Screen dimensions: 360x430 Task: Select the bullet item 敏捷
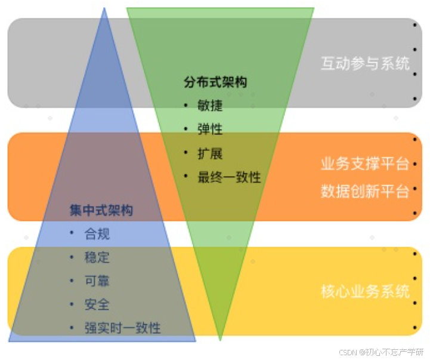point(210,106)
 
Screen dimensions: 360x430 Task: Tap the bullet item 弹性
point(210,130)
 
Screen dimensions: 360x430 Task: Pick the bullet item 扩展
point(210,153)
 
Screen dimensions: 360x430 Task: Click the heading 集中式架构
point(101,211)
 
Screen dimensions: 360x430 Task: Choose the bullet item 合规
point(97,234)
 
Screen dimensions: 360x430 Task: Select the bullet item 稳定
point(97,258)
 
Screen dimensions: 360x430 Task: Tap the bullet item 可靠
point(97,281)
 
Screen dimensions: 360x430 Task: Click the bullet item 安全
point(97,304)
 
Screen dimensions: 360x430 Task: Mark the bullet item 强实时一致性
point(122,328)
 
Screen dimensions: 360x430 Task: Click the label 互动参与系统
point(365,63)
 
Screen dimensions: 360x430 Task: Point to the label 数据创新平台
point(365,191)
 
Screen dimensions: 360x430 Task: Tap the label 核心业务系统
point(365,292)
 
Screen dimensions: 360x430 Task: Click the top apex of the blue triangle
point(104,8)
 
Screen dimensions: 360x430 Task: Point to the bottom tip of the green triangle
point(220,340)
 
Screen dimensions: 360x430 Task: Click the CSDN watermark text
point(382,352)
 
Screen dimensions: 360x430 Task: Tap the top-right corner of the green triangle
point(313,8)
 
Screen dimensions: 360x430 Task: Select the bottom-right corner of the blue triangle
point(195,341)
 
